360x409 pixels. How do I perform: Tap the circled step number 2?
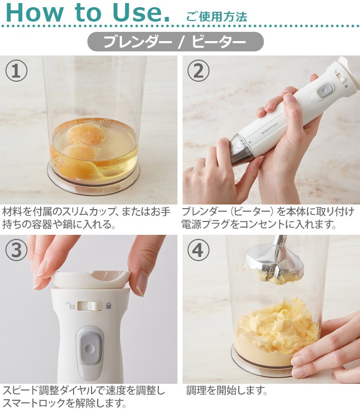point(198,71)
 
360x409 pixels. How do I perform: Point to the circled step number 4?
point(198,250)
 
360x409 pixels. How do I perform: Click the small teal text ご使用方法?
point(217,16)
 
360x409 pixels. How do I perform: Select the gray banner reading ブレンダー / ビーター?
point(175,42)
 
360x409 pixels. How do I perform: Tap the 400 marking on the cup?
point(105,121)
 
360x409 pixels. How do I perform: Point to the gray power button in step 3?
point(89,348)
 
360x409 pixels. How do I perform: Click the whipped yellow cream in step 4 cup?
point(278,326)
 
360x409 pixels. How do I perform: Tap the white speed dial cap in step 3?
point(90,279)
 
